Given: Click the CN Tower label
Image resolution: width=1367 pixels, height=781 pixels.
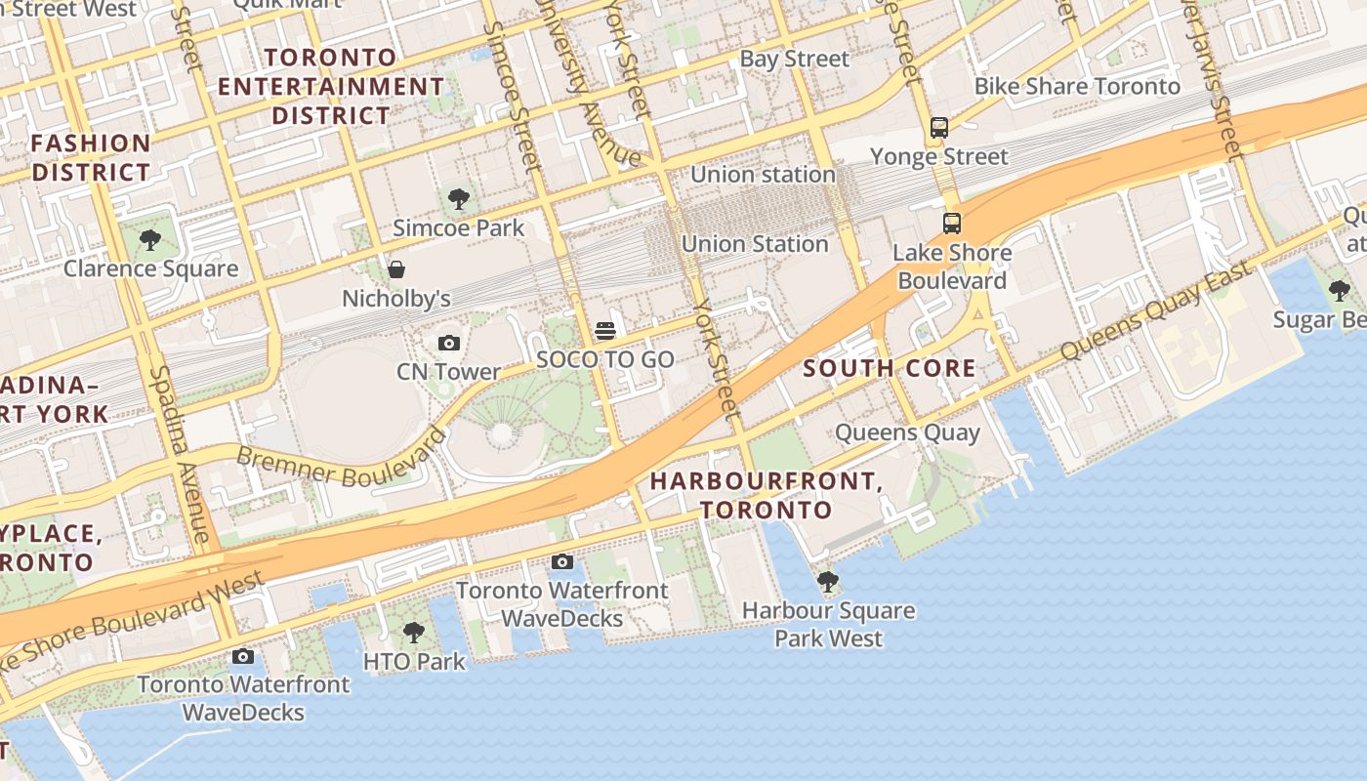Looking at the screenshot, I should pyautogui.click(x=448, y=372).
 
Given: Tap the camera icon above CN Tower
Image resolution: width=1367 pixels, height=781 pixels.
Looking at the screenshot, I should pyautogui.click(x=449, y=343).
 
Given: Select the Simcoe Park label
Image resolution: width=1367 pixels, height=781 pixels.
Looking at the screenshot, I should pyautogui.click(x=459, y=228).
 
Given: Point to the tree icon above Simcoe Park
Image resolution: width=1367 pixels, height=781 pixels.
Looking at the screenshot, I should pyautogui.click(x=458, y=200).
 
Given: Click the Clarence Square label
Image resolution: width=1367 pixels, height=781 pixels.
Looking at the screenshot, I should pyautogui.click(x=150, y=268).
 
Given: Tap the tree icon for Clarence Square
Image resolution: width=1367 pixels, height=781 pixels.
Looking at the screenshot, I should pyautogui.click(x=149, y=239).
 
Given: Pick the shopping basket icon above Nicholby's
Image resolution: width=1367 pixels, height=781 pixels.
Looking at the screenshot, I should pyautogui.click(x=396, y=269).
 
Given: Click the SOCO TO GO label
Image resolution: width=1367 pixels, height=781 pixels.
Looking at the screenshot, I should pyautogui.click(x=605, y=359).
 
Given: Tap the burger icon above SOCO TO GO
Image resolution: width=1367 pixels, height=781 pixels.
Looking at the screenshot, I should pyautogui.click(x=605, y=331).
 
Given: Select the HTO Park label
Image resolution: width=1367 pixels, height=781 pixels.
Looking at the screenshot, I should pyautogui.click(x=414, y=661).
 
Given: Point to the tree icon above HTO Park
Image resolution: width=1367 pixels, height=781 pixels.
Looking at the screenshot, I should pyautogui.click(x=414, y=633).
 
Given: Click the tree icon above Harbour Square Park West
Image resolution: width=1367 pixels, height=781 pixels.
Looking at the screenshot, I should pyautogui.click(x=828, y=583).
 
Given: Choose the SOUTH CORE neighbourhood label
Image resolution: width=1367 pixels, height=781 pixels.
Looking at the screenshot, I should pyautogui.click(x=889, y=368).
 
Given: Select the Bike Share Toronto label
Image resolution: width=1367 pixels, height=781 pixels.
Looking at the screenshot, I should pyautogui.click(x=1077, y=86).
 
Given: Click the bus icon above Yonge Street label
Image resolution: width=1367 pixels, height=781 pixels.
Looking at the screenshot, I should pyautogui.click(x=939, y=128).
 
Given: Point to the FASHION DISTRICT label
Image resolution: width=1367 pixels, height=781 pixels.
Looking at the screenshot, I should pyautogui.click(x=91, y=158).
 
